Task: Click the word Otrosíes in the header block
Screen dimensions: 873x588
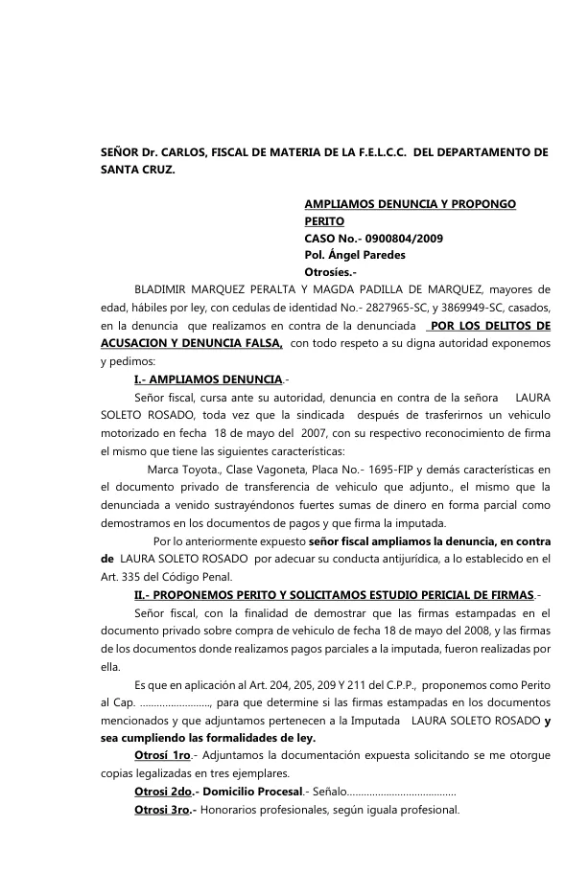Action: point(329,272)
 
